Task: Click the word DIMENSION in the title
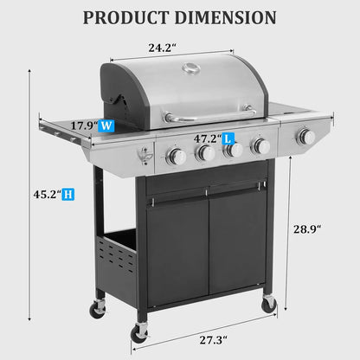pyautogui.click(x=227, y=17)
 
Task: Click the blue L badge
pyautogui.click(x=228, y=138)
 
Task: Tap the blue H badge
pyautogui.click(x=67, y=195)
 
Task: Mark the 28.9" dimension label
pyautogui.click(x=306, y=229)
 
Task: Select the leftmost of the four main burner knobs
pyautogui.click(x=177, y=156)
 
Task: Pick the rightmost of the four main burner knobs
pyautogui.click(x=259, y=146)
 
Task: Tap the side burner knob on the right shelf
pyautogui.click(x=305, y=136)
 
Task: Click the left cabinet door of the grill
pyautogui.click(x=177, y=251)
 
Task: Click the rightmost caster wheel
pyautogui.click(x=269, y=304)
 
